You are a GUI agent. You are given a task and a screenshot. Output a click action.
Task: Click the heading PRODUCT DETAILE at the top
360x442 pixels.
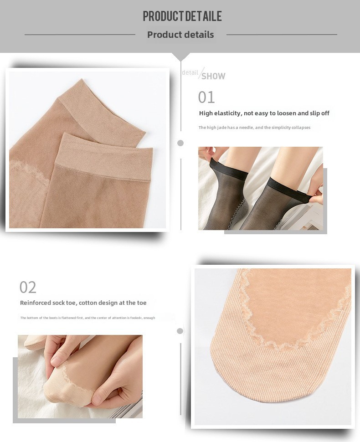tap(182, 16)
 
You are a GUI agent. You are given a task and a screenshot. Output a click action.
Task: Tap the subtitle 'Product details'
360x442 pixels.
tap(180, 35)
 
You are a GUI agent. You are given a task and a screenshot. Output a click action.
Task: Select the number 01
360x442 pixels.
tap(206, 97)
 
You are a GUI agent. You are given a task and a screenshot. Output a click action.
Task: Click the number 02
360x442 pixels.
tap(28, 287)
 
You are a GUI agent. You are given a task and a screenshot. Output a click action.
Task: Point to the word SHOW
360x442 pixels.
tap(213, 76)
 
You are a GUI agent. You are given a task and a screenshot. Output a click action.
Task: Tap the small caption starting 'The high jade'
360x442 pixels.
tap(254, 128)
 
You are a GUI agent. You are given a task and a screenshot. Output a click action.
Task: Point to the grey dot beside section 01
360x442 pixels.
tap(180, 143)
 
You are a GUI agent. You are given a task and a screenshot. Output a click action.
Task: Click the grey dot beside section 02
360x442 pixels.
tap(180, 331)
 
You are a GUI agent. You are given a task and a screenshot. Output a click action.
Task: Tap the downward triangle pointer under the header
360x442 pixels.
tap(181, 57)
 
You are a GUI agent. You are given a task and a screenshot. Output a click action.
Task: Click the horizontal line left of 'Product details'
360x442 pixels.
tap(80, 35)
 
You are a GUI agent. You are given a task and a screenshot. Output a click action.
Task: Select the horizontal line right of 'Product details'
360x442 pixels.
tap(282, 35)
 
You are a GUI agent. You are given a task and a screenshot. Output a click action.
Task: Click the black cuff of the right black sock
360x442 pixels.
tap(288, 189)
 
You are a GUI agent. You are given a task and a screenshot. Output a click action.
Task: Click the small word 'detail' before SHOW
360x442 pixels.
tap(190, 72)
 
